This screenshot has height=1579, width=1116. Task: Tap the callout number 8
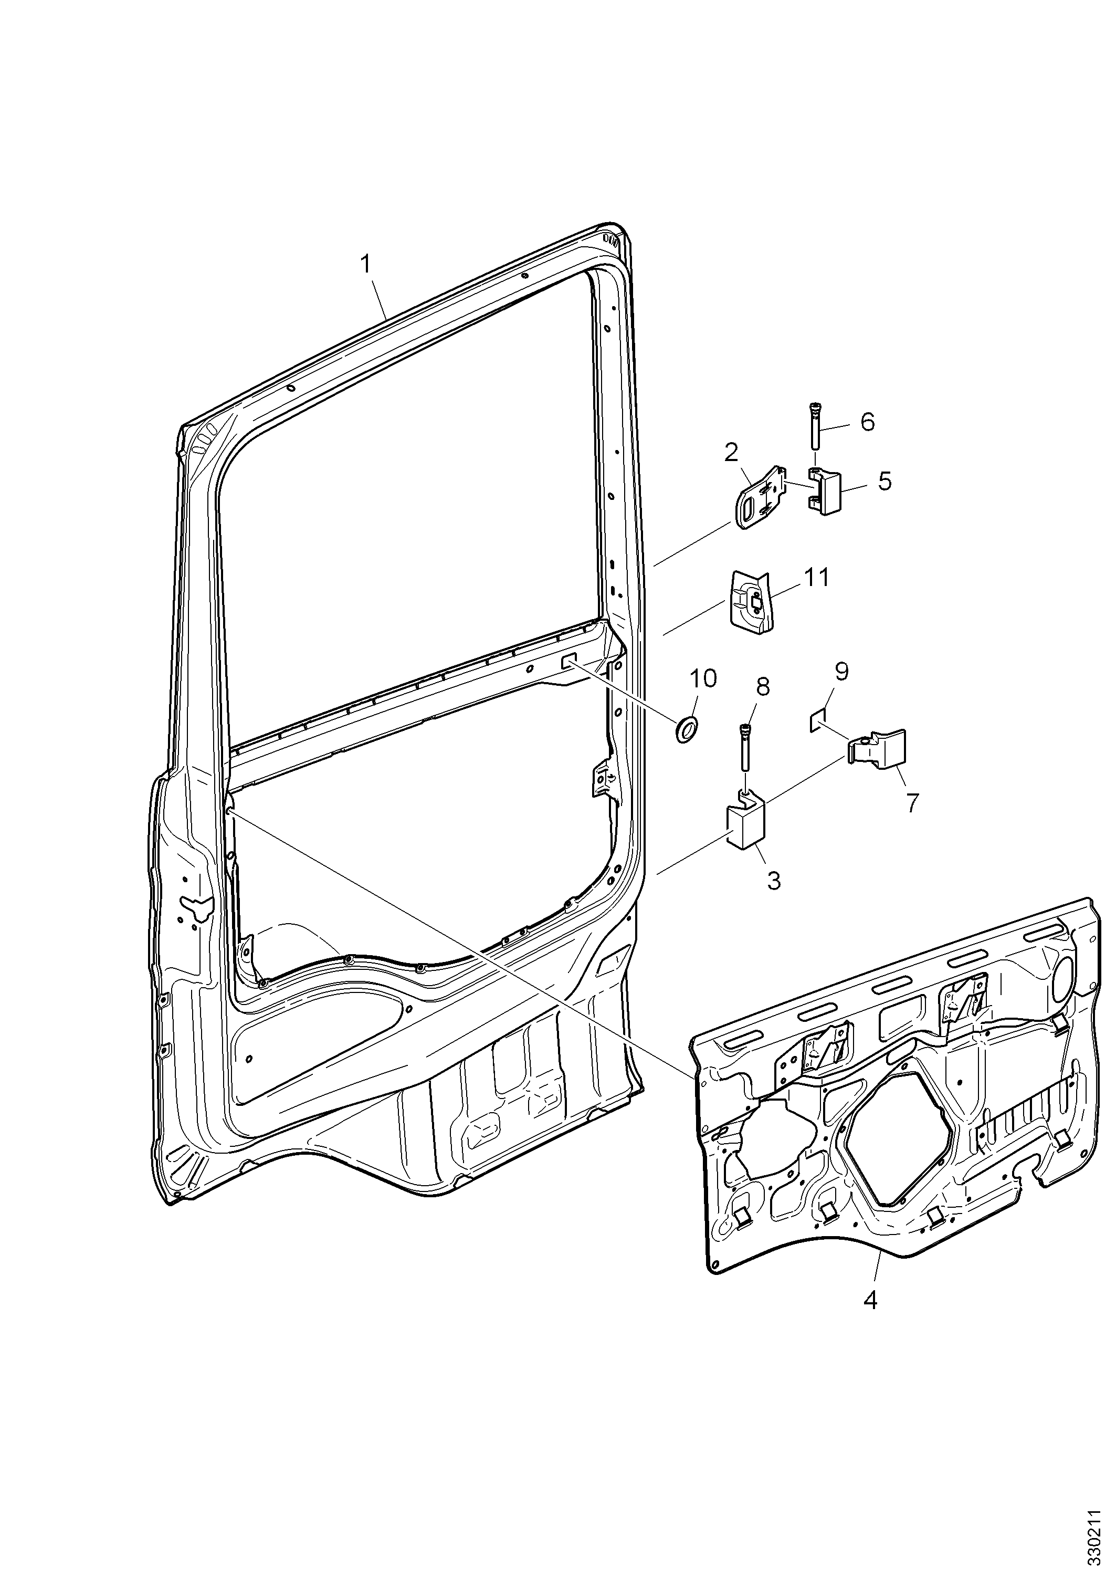(x=762, y=687)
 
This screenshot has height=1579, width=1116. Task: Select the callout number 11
(x=816, y=578)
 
